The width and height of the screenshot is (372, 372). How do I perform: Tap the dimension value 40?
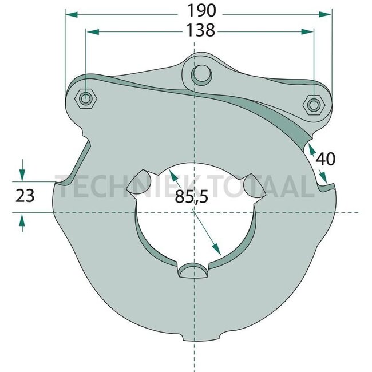[325, 159]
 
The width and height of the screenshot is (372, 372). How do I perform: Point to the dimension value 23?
[24, 196]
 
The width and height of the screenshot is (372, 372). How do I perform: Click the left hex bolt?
[85, 99]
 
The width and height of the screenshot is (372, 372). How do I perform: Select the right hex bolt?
[313, 105]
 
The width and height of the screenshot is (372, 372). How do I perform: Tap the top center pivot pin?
[199, 74]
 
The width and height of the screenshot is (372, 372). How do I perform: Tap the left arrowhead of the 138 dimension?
[90, 31]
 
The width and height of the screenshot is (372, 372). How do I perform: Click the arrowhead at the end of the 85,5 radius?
[217, 251]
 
